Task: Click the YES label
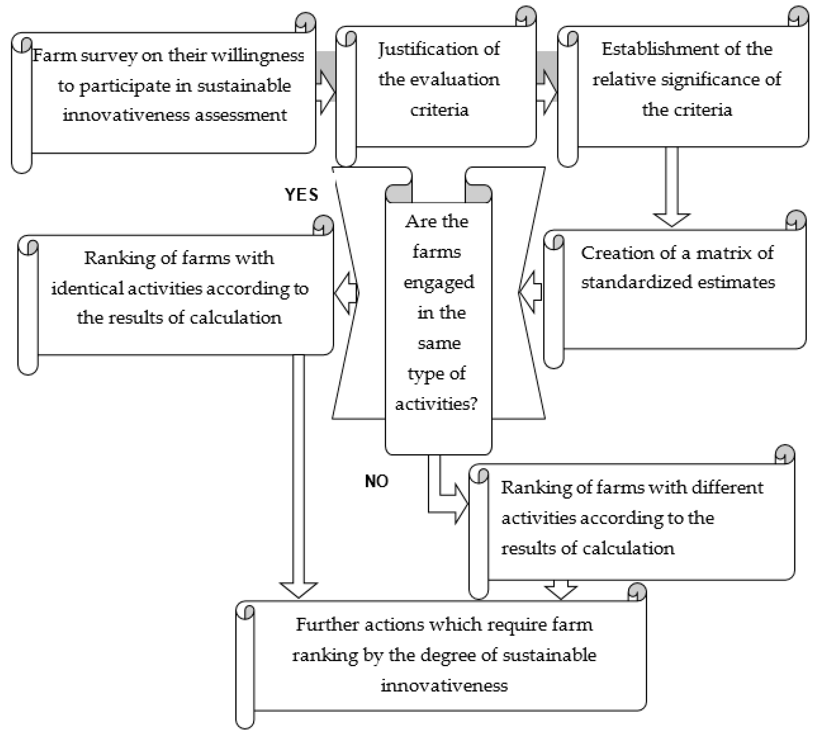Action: point(301,195)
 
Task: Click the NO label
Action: point(376,481)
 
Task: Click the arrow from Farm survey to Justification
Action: point(326,92)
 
